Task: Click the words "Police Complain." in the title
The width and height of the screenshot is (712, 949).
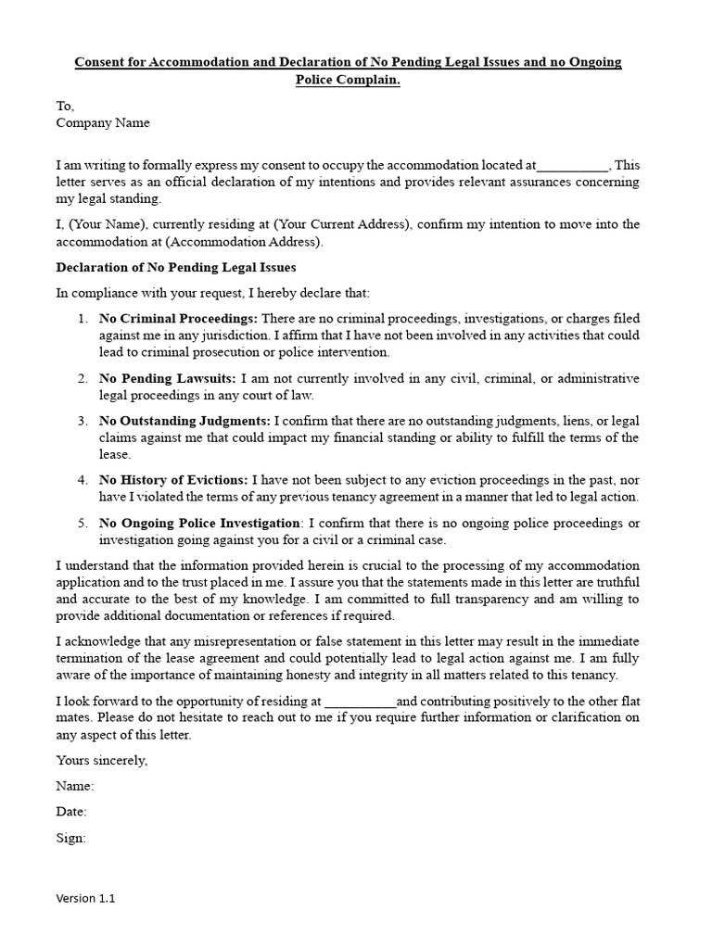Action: (x=348, y=80)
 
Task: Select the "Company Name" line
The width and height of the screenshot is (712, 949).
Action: (x=102, y=122)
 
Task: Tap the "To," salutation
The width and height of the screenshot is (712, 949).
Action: (x=65, y=107)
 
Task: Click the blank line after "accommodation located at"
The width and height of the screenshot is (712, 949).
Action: (x=572, y=166)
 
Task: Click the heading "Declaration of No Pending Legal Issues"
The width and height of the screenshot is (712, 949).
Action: (x=176, y=268)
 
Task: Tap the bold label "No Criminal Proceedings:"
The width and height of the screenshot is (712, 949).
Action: (x=178, y=319)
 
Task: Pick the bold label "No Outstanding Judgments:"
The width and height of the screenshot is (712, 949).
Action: (x=184, y=422)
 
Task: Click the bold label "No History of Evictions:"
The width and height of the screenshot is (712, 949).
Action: (x=173, y=480)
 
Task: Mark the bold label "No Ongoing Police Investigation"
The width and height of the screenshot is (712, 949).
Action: (x=199, y=524)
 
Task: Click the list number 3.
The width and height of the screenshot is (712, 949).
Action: (x=82, y=422)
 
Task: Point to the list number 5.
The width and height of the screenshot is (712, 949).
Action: (x=82, y=524)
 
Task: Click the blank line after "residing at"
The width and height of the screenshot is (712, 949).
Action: (x=361, y=702)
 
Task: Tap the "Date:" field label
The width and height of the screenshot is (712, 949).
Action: (x=71, y=812)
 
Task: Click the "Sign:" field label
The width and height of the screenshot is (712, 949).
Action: (x=71, y=838)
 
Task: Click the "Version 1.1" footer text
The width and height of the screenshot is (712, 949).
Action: (x=86, y=898)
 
